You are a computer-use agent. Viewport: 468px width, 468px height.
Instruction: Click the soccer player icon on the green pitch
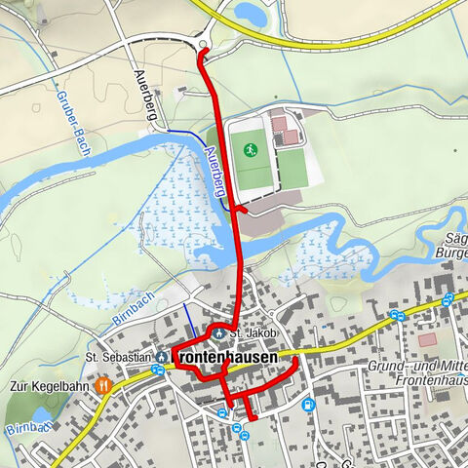[251, 150]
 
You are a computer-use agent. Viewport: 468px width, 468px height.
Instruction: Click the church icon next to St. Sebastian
[161, 357]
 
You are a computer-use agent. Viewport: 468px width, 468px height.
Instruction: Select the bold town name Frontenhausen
[224, 359]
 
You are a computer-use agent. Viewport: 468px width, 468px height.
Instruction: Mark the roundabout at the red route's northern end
[203, 44]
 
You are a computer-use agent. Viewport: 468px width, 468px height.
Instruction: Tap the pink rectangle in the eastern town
[427, 340]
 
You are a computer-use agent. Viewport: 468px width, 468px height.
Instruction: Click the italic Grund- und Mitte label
[415, 366]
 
